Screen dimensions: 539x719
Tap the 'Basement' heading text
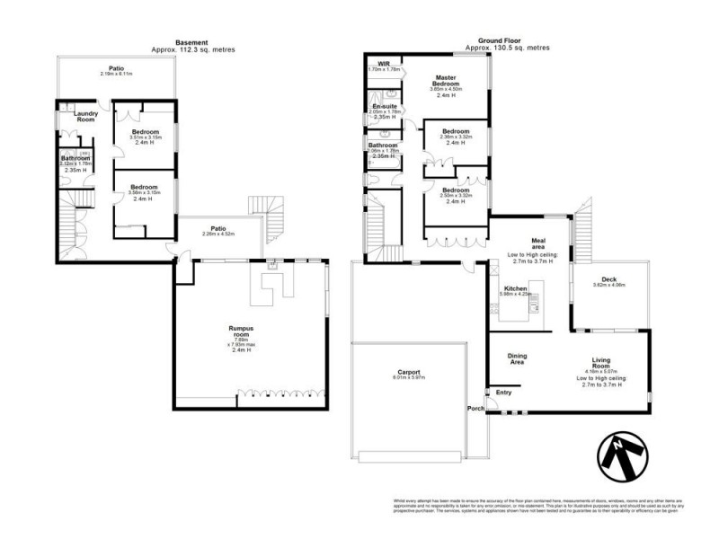point(192,41)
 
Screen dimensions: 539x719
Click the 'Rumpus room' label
point(238,330)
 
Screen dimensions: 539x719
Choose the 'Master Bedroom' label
point(448,81)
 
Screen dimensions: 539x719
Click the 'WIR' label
point(384,64)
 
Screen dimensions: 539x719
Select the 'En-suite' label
point(385,107)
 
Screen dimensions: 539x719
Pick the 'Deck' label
point(608,278)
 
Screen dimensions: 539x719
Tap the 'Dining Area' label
point(518,358)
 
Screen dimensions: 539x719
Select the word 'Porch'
point(475,409)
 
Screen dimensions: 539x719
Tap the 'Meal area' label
point(539,243)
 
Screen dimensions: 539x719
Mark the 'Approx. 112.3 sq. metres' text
point(192,50)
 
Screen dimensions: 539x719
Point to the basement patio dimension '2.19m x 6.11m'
point(118,75)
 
